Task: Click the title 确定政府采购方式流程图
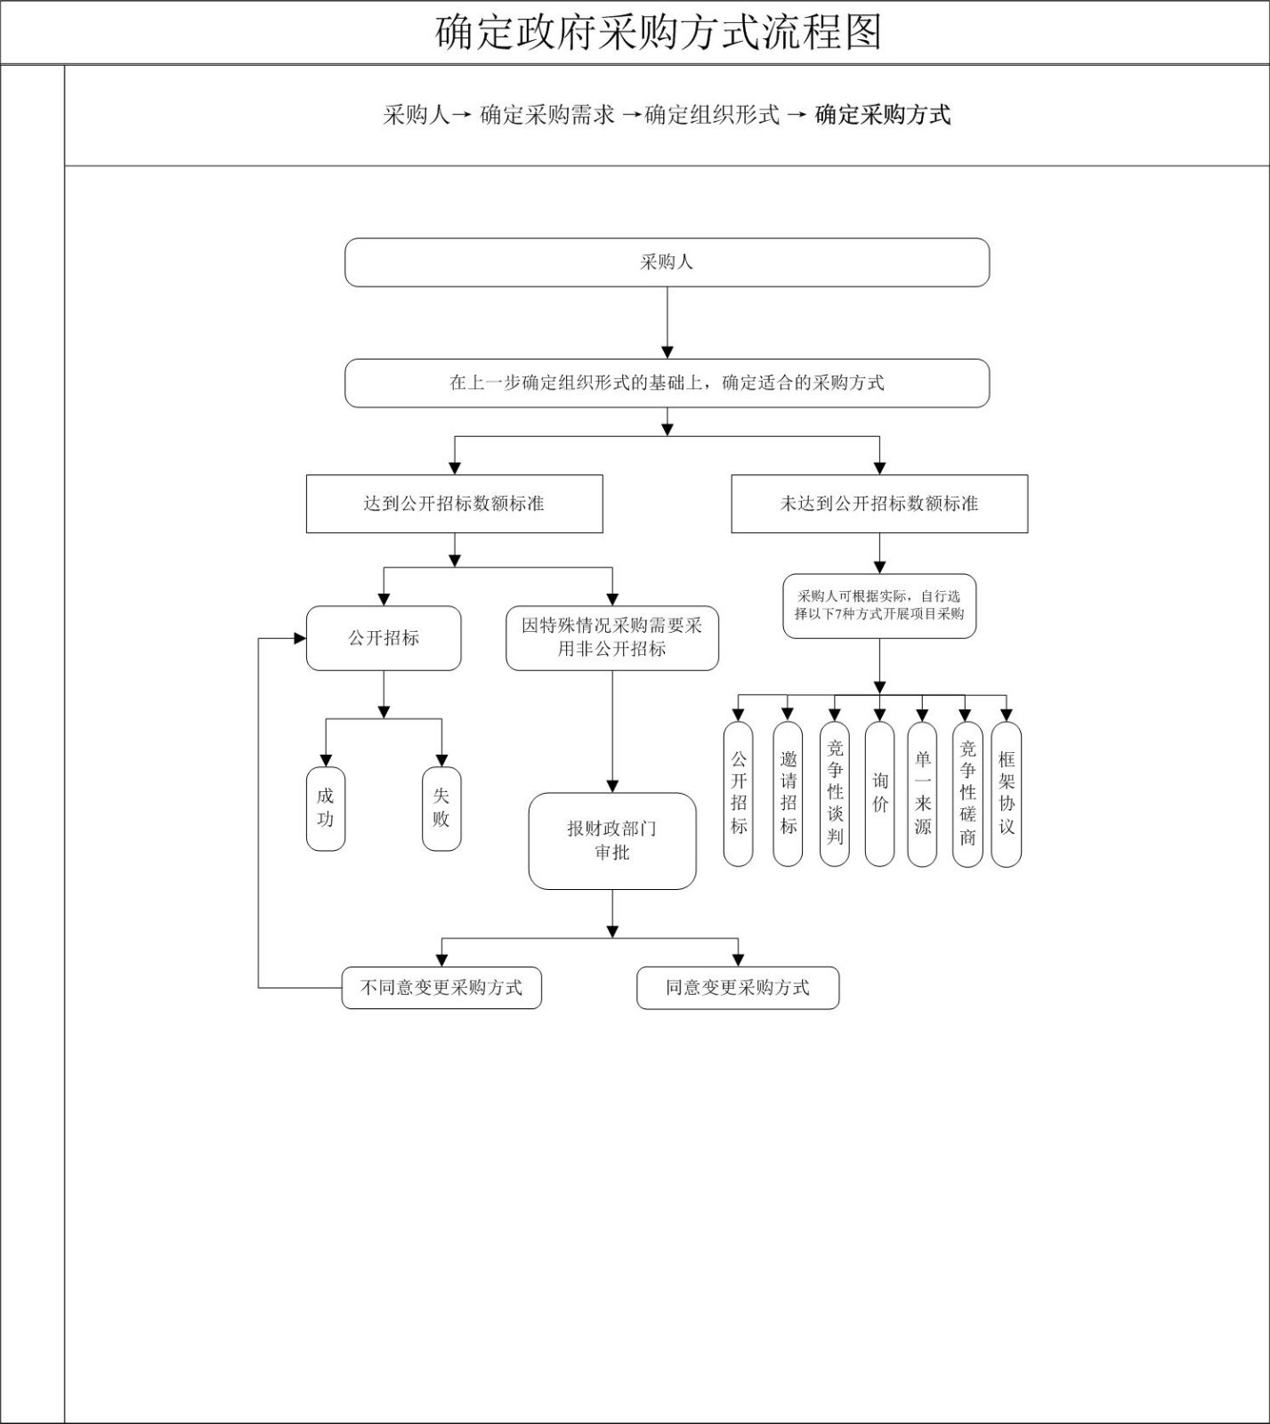[659, 33]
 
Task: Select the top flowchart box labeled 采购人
[667, 263]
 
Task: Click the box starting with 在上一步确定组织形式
[667, 384]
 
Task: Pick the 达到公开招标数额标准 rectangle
[454, 504]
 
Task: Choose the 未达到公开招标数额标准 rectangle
[879, 504]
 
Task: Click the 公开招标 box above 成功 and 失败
[384, 638]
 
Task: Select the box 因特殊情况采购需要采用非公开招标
[612, 637]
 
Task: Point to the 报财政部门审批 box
[612, 841]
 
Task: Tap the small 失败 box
[441, 808]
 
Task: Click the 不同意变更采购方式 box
[441, 988]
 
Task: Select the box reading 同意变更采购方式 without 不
[738, 988]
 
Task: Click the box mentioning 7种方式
[879, 606]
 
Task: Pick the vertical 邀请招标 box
[788, 793]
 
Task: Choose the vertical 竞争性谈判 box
[834, 793]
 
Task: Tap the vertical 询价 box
[879, 793]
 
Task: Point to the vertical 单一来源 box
[922, 793]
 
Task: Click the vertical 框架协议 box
[1007, 793]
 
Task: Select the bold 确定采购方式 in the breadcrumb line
[883, 115]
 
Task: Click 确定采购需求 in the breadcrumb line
[547, 115]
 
